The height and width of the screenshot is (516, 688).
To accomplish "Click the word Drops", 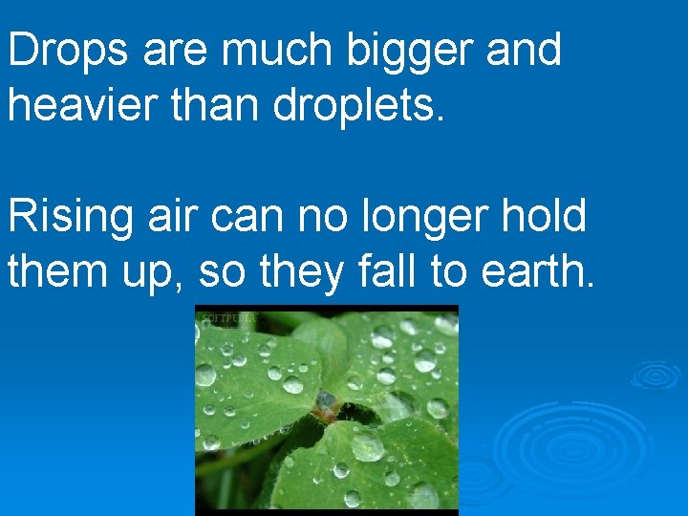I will coord(68,51).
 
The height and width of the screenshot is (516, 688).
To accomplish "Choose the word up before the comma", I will coord(160,273).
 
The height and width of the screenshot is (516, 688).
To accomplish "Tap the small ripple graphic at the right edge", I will coord(656,375).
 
